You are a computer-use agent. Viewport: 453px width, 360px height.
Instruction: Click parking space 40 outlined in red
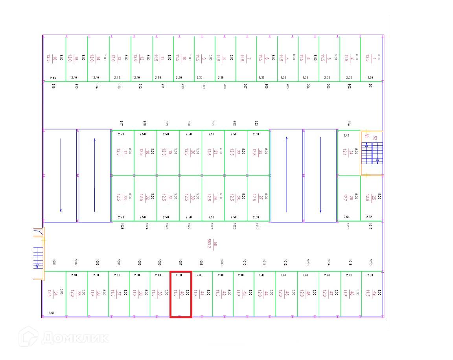pos(180,294)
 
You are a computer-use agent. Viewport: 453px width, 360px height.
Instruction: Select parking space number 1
pos(372,59)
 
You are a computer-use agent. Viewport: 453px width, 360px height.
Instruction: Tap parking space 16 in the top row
pos(54,59)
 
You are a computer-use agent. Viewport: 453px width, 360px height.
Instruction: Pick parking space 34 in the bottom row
pos(54,294)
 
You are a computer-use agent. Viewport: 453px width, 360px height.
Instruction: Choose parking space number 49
pos(372,294)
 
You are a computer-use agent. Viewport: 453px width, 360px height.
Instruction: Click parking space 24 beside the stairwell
pos(348,152)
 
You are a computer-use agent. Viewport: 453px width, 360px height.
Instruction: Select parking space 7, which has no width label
pos(246,59)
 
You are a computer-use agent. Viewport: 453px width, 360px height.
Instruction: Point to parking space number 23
pos(258,152)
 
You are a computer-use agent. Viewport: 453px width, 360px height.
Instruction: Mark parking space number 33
pos(122,198)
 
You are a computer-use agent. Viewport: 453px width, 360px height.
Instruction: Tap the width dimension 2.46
pos(53,78)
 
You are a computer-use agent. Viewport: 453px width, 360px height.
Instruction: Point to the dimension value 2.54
pos(346,217)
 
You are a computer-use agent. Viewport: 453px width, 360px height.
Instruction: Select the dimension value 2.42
pos(346,135)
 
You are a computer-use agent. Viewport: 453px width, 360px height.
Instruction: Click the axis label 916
pos(53,86)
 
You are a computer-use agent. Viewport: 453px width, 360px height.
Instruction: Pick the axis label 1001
pos(53,262)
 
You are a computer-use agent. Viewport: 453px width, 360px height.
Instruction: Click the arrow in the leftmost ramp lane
pos(61,175)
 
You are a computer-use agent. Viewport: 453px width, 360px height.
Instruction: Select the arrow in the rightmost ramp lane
pos(320,175)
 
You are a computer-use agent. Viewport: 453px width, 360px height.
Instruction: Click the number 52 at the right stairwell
pos(375,138)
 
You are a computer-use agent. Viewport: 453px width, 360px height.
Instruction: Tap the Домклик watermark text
pos(75,338)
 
